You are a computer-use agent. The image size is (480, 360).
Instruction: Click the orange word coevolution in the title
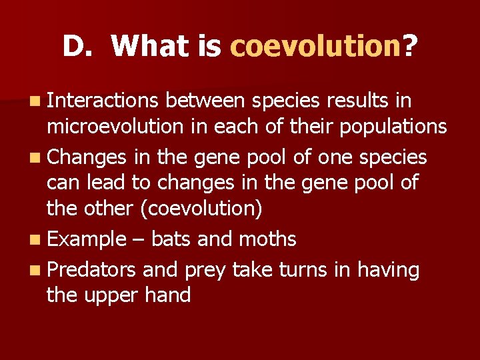[x=315, y=47]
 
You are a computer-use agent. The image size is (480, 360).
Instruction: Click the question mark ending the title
[x=410, y=47]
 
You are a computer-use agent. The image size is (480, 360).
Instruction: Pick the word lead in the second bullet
[x=103, y=183]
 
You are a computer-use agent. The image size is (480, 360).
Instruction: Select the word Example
[x=87, y=239]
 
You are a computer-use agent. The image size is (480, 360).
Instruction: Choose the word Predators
[x=93, y=270]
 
